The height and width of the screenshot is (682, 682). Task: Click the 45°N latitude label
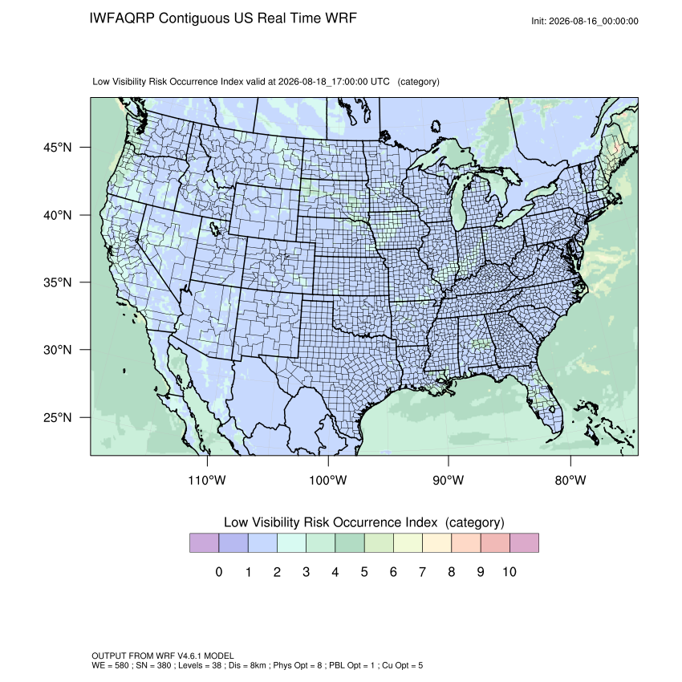pyautogui.click(x=58, y=148)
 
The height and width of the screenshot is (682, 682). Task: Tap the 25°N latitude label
pyautogui.click(x=58, y=417)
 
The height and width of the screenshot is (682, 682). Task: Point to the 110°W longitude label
pyautogui.click(x=207, y=480)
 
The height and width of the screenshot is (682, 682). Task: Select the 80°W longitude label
pyautogui.click(x=570, y=480)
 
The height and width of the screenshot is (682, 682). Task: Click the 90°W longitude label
pyautogui.click(x=448, y=480)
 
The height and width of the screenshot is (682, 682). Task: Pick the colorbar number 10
pyautogui.click(x=509, y=572)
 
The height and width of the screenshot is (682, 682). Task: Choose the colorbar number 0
pyautogui.click(x=219, y=572)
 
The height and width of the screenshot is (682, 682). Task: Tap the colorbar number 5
pyautogui.click(x=364, y=572)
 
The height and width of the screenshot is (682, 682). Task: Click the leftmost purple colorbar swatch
pyautogui.click(x=204, y=543)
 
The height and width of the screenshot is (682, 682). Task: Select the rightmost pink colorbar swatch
pyautogui.click(x=524, y=543)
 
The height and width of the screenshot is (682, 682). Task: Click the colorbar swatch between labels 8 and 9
pyautogui.click(x=466, y=543)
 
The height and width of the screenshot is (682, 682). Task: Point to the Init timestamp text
pyautogui.click(x=585, y=22)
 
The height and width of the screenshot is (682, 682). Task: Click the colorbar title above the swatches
pyautogui.click(x=364, y=522)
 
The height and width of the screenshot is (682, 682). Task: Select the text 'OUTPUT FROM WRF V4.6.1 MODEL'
pyautogui.click(x=163, y=656)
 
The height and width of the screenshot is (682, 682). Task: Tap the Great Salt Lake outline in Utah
pyautogui.click(x=214, y=229)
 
